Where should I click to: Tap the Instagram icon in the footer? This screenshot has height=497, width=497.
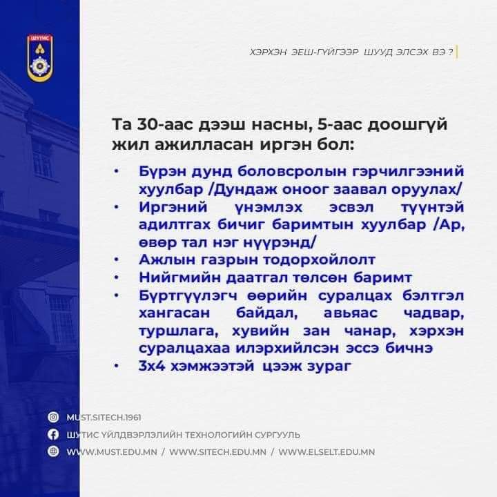point(52,417)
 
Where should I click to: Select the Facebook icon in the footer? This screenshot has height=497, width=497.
point(52,434)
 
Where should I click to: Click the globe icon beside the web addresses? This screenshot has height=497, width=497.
point(52,451)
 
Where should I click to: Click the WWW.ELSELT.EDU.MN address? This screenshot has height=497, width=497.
point(327,451)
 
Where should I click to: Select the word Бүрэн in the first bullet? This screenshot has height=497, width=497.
point(160,170)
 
